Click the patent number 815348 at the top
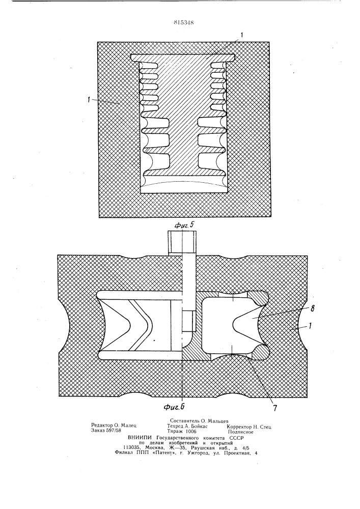[x=184, y=23]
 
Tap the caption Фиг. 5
[x=184, y=224]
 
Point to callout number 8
[x=312, y=309]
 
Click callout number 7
[x=275, y=408]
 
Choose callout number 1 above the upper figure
[x=241, y=35]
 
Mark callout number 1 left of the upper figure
[x=88, y=100]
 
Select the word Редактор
[x=102, y=426]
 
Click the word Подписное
[x=240, y=432]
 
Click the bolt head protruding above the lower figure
[x=182, y=242]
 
